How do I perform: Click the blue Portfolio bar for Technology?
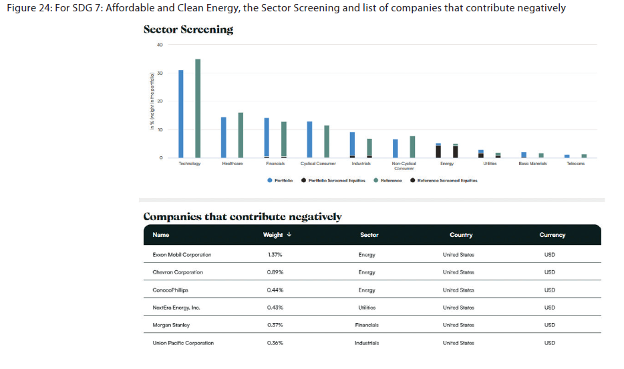point(180,113)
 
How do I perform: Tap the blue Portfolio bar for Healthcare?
point(223,137)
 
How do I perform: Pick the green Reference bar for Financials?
point(283,139)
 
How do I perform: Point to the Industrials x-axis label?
point(361,163)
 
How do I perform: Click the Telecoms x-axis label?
point(575,163)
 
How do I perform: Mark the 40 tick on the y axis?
point(160,45)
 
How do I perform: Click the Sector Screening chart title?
point(188,29)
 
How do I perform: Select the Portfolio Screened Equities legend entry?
point(333,180)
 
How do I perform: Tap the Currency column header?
point(552,235)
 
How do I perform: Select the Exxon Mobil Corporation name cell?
point(182,254)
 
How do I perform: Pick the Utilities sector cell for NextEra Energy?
point(367,308)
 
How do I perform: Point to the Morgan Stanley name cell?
point(171,325)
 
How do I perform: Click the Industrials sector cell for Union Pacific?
point(367,343)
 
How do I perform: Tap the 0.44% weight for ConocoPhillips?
point(275,290)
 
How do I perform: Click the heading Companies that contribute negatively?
point(243,217)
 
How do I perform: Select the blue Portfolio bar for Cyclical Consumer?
point(309,139)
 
